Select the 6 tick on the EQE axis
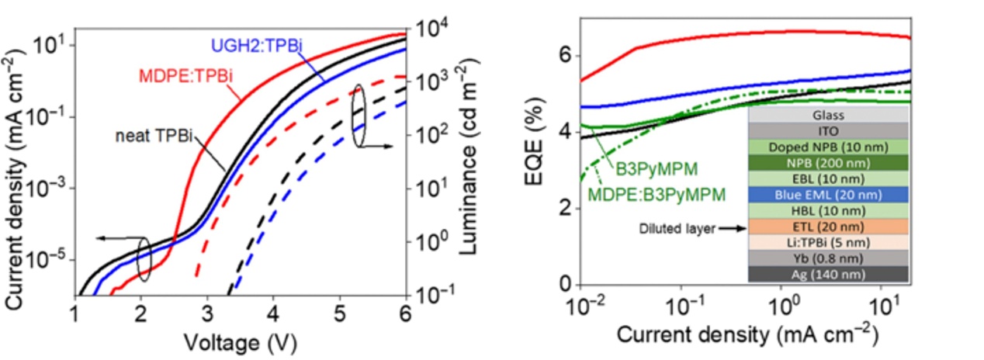pos(564,56)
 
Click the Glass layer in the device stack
pos(827,113)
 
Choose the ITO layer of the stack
pos(827,130)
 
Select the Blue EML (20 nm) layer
pos(827,194)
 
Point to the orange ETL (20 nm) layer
pos(827,227)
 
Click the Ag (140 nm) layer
pos(827,274)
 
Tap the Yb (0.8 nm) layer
pos(827,258)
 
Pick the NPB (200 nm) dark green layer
pos(827,162)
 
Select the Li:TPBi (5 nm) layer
pos(827,242)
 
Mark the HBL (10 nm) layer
pos(827,210)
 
